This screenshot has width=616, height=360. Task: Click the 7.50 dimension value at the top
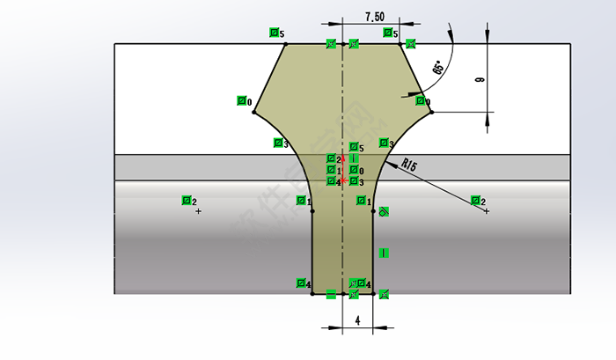374,17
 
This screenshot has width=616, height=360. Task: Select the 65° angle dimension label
438,69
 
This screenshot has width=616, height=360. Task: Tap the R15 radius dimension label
409,163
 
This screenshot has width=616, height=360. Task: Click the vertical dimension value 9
480,79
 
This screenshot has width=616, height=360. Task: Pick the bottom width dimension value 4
357,320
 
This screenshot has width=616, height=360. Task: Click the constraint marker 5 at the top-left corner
276,33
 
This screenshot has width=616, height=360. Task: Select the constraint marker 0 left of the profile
244,101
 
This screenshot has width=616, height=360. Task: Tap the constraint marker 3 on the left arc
280,143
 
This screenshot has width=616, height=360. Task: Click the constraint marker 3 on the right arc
385,143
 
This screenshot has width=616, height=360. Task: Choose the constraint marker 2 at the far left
188,201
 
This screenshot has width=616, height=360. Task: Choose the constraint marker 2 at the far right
477,202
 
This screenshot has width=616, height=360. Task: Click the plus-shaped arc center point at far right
487,211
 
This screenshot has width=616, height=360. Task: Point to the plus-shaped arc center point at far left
197,211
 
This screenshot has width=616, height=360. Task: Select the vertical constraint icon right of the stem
384,253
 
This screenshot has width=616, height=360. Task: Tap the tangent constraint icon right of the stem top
384,211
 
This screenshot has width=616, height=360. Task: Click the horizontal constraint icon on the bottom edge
331,294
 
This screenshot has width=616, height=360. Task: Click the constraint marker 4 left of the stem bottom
302,283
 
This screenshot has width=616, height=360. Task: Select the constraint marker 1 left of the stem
303,202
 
